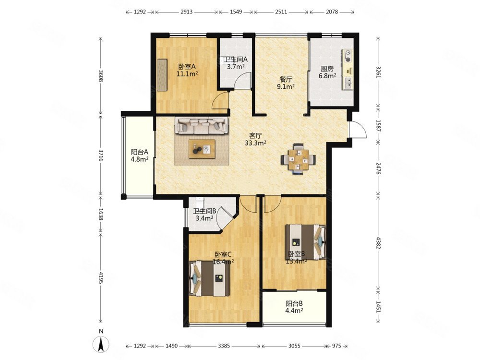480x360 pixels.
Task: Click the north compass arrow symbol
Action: (101, 344)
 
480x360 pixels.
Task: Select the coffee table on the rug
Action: (202, 149)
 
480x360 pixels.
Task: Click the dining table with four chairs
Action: (298, 159)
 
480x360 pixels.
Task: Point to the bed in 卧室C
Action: (209, 278)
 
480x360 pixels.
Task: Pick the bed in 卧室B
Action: (305, 242)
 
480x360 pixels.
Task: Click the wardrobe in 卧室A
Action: (163, 75)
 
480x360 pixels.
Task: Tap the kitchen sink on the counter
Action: (348, 83)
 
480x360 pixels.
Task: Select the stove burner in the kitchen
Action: (348, 57)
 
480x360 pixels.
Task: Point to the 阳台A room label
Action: (140, 152)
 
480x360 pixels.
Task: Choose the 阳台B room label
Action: (295, 304)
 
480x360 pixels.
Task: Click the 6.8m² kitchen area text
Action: (327, 76)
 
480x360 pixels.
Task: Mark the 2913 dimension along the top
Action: (186, 12)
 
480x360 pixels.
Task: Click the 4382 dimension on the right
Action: (379, 242)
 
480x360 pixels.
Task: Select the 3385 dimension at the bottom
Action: (224, 346)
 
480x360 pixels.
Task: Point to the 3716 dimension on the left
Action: (101, 156)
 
